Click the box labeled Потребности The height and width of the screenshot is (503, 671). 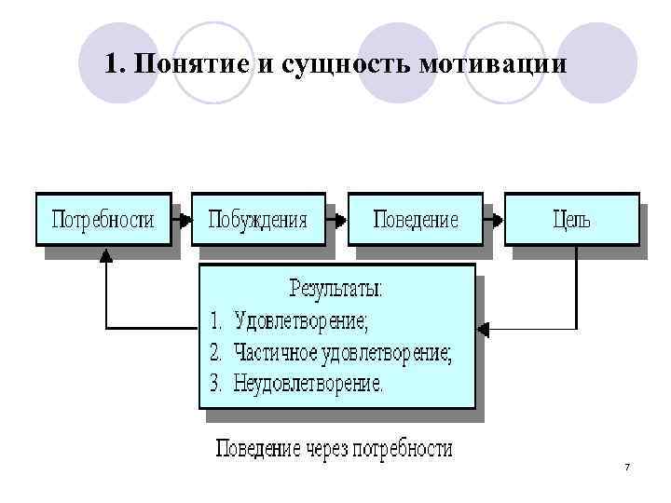tap(103, 220)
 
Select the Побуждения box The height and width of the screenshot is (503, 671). tap(257, 220)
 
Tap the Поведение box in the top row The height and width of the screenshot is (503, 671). tap(416, 220)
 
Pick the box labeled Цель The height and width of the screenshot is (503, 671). tap(571, 220)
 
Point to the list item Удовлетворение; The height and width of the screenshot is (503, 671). tap(301, 322)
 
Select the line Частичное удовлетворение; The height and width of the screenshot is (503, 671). tap(343, 353)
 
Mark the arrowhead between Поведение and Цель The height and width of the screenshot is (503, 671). tap(500, 221)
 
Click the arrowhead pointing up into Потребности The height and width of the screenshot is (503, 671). tap(105, 253)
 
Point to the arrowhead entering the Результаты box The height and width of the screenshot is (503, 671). tap(483, 328)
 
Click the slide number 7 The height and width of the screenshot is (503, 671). tap(627, 466)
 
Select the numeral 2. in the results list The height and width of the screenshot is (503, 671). tap(216, 353)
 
